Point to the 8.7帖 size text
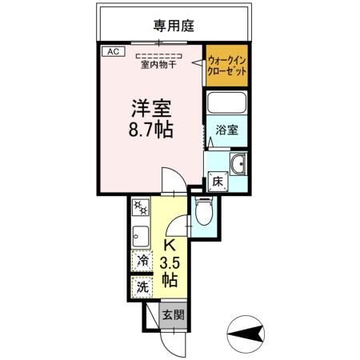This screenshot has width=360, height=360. tap(149, 129)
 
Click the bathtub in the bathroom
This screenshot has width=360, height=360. tap(226, 105)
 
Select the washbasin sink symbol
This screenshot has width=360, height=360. tap(238, 164)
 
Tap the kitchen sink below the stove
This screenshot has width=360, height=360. tap(141, 237)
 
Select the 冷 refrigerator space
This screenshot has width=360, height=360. tap(142, 261)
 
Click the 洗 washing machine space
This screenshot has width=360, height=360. tap(142, 286)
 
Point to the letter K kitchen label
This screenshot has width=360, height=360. tap(170, 245)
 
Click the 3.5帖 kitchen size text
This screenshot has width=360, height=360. tap(170, 271)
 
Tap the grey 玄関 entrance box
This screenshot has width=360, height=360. tap(172, 315)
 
